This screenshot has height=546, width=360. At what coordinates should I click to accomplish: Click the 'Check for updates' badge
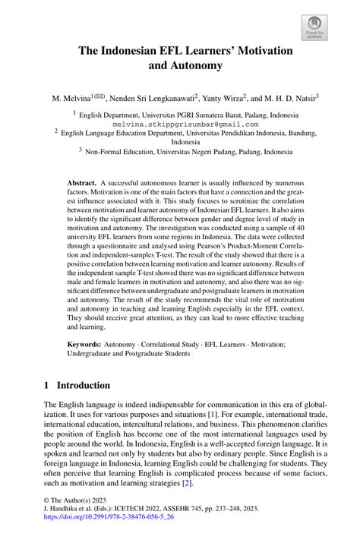pyautogui.click(x=314, y=27)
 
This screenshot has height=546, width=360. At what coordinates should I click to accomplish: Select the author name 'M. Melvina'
pyautogui.click(x=70, y=98)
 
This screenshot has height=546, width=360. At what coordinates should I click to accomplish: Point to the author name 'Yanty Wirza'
pyautogui.click(x=223, y=98)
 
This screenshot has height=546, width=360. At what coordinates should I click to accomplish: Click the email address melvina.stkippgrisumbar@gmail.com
pyautogui.click(x=185, y=123)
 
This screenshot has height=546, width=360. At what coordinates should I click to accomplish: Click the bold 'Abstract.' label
pyautogui.click(x=82, y=185)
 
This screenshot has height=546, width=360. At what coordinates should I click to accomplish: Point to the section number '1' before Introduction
pyautogui.click(x=47, y=385)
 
